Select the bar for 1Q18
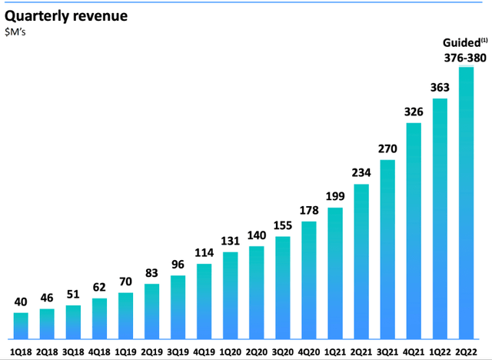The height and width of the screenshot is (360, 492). point(21,325)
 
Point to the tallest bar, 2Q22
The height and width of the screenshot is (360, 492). point(466,203)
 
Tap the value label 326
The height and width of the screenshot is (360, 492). point(414,111)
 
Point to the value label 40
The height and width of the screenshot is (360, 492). point(21,301)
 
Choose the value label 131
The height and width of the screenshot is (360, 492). point(231,240)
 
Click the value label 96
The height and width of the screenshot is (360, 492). point(178,264)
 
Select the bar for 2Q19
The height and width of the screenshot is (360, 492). point(151,312)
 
